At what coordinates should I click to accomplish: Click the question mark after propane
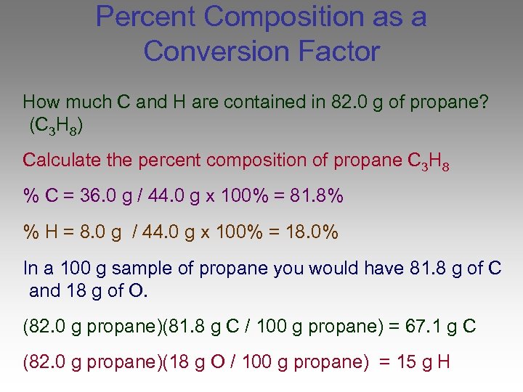[483, 102]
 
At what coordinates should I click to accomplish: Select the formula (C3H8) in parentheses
[55, 126]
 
